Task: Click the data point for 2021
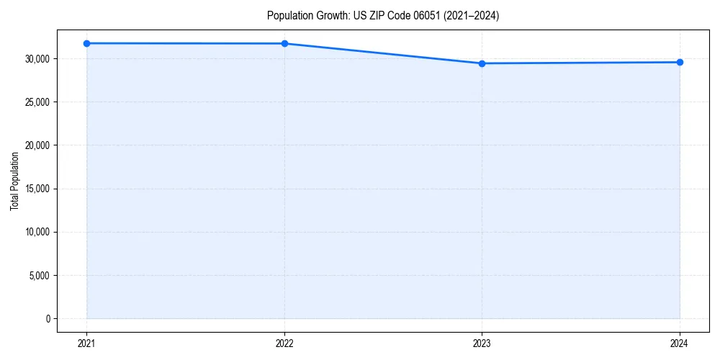(x=86, y=43)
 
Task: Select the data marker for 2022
(x=284, y=43)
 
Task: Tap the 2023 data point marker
(x=482, y=63)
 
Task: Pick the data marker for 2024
(x=680, y=62)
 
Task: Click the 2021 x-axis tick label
(x=86, y=343)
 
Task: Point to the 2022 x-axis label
(x=284, y=343)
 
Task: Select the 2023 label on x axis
(x=482, y=343)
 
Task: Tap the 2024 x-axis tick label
(x=680, y=343)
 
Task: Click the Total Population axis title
(x=14, y=181)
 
